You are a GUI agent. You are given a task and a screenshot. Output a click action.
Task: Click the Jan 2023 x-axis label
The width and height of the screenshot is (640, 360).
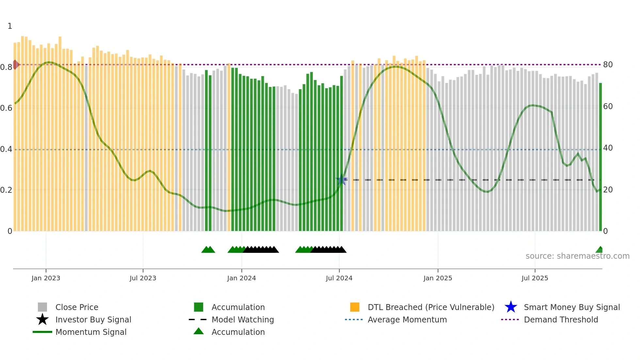[x=46, y=278]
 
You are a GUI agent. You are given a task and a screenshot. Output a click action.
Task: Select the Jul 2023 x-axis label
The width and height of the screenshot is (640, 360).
[x=143, y=278]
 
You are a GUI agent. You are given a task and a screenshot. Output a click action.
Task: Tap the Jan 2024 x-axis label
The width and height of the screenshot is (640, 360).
[x=241, y=278]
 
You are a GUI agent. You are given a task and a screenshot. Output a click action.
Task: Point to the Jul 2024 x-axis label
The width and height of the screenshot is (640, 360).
[x=339, y=278]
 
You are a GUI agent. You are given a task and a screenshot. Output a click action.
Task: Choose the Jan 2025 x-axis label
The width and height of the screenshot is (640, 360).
[x=438, y=278]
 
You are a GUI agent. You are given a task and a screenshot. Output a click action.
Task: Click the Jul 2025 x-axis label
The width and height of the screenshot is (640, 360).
[x=535, y=278]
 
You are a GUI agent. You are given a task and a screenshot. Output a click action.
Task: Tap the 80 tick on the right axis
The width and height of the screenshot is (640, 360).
[x=608, y=65]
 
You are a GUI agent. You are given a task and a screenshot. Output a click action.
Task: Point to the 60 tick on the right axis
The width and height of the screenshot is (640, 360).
[x=608, y=106]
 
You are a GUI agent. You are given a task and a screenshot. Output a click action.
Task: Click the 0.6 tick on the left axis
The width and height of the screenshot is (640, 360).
[x=6, y=108]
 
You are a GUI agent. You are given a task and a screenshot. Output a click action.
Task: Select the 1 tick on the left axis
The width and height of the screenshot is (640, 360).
[x=10, y=26]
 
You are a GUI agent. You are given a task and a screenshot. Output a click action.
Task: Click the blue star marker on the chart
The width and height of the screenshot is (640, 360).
[x=342, y=180]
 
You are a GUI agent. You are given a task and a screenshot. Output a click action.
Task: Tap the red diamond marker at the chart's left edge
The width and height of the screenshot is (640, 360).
[x=15, y=65]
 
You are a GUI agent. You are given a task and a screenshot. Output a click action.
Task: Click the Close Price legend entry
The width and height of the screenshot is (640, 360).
[x=77, y=307]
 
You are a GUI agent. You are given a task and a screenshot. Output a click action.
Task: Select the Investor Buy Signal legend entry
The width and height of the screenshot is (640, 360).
[x=93, y=319]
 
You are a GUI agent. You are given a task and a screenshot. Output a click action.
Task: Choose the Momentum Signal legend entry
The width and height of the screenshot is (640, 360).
[x=91, y=332]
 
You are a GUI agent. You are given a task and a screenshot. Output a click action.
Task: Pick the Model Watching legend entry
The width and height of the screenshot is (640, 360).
[x=243, y=319]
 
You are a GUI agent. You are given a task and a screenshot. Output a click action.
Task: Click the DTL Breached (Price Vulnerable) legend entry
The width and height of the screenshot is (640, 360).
[x=431, y=307]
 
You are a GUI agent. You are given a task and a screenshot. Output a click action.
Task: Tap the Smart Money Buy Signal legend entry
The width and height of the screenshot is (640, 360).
[x=572, y=307]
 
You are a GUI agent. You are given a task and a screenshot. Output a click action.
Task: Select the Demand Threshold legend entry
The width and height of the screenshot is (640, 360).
[x=561, y=319]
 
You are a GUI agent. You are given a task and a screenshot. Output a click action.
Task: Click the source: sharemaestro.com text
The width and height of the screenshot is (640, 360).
[x=577, y=256]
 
